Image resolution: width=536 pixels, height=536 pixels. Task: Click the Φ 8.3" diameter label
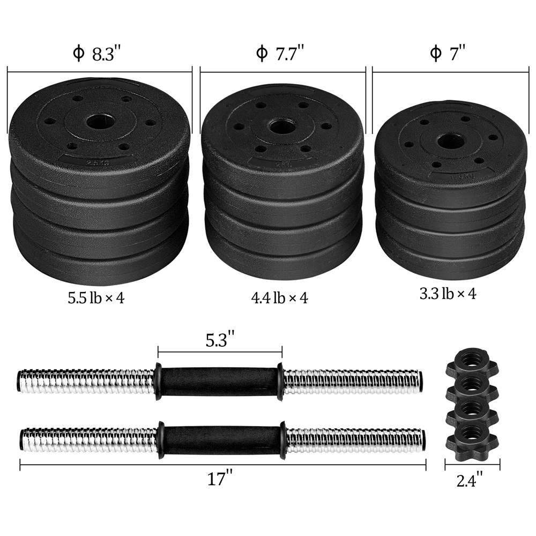(x=96, y=54)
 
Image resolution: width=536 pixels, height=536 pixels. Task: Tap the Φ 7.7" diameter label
(x=280, y=54)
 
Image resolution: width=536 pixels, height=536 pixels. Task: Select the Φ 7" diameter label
(x=447, y=54)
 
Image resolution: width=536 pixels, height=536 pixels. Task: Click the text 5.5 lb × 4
(x=96, y=297)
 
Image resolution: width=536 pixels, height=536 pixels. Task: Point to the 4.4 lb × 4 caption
(x=280, y=298)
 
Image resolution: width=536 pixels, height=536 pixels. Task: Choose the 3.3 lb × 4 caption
(x=448, y=293)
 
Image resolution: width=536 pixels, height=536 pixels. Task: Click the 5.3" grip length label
(x=220, y=339)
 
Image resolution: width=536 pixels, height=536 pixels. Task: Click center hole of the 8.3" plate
(x=100, y=120)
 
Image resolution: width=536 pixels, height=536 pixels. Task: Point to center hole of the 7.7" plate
(x=279, y=127)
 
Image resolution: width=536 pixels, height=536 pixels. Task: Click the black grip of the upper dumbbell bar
(x=219, y=381)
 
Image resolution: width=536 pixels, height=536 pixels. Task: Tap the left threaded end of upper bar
(x=86, y=381)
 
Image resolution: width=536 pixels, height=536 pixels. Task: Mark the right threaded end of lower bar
(x=356, y=440)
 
